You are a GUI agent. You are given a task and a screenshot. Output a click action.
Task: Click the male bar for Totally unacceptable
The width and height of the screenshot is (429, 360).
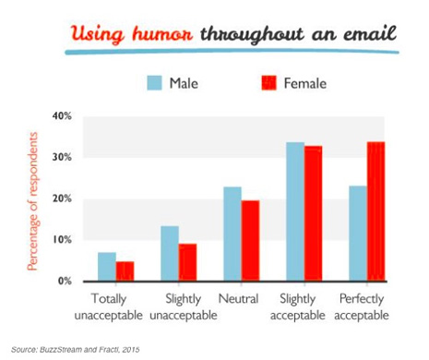coord(107,267)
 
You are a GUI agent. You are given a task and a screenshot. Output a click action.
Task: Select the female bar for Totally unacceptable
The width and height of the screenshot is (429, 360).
coord(125,271)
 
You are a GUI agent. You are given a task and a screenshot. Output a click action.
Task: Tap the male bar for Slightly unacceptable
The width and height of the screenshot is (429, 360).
coord(170,254)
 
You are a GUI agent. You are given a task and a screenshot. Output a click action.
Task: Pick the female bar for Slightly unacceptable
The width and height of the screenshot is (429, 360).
coord(187,262)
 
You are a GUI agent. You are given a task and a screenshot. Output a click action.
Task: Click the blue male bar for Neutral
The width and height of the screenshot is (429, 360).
coord(232,234)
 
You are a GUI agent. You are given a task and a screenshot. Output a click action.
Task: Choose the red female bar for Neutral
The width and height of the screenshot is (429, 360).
coord(250,241)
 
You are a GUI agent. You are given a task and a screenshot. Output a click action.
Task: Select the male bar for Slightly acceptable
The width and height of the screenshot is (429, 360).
coord(295,211)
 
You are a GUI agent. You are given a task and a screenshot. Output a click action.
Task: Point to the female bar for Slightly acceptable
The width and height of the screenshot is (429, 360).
coord(314,213)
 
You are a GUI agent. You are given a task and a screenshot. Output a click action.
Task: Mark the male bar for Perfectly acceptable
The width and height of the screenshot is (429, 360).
coord(358,234)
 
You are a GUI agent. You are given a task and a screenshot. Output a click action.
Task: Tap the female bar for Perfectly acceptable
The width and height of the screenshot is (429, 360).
coord(376,211)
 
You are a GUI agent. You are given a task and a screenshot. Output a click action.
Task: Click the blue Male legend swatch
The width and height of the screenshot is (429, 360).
coord(154,83)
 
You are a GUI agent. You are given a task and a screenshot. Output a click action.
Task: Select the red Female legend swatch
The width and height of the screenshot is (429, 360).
coord(268,83)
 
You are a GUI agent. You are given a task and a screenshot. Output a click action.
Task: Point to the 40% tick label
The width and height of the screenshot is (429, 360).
coord(62,116)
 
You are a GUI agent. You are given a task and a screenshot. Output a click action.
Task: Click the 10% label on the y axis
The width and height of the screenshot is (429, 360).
coord(62,240)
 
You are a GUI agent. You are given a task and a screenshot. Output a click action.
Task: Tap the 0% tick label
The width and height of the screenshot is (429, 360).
coord(65,281)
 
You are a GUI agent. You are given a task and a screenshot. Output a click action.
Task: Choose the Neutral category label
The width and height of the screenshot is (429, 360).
coord(238,299)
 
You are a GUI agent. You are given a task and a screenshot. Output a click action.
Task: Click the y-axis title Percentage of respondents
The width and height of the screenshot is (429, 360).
coord(32,201)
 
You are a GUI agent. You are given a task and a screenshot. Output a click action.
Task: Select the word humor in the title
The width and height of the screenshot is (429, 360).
coord(162,34)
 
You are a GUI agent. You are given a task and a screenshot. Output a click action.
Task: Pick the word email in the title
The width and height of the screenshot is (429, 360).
coord(370,33)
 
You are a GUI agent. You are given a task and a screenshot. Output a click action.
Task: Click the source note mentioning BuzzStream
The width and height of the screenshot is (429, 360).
coord(76,350)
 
